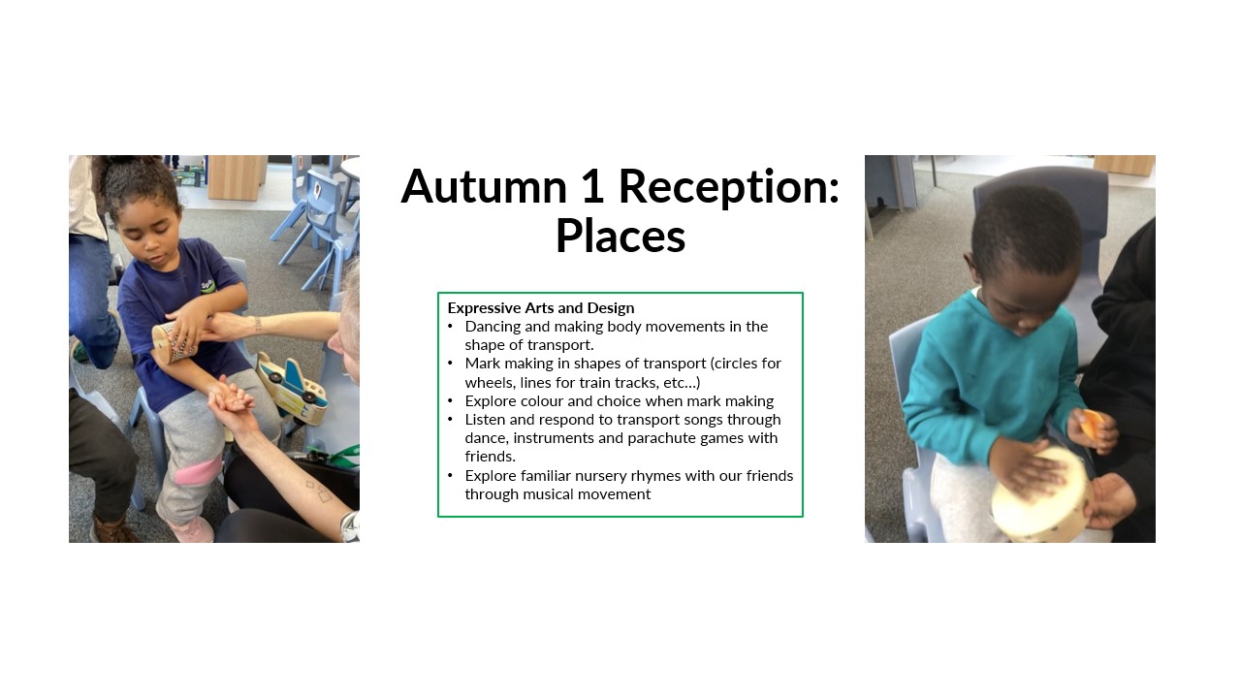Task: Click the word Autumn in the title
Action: pyautogui.click(x=484, y=186)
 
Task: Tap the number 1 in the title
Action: pyautogui.click(x=592, y=186)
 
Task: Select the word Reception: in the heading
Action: pyautogui.click(x=729, y=188)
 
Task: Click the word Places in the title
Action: pyautogui.click(x=620, y=236)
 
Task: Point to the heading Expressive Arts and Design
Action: pyautogui.click(x=541, y=308)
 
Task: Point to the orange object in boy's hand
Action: pyautogui.click(x=1093, y=425)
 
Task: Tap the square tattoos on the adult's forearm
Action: pyautogui.click(x=317, y=491)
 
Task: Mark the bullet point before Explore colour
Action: pyautogui.click(x=451, y=400)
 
